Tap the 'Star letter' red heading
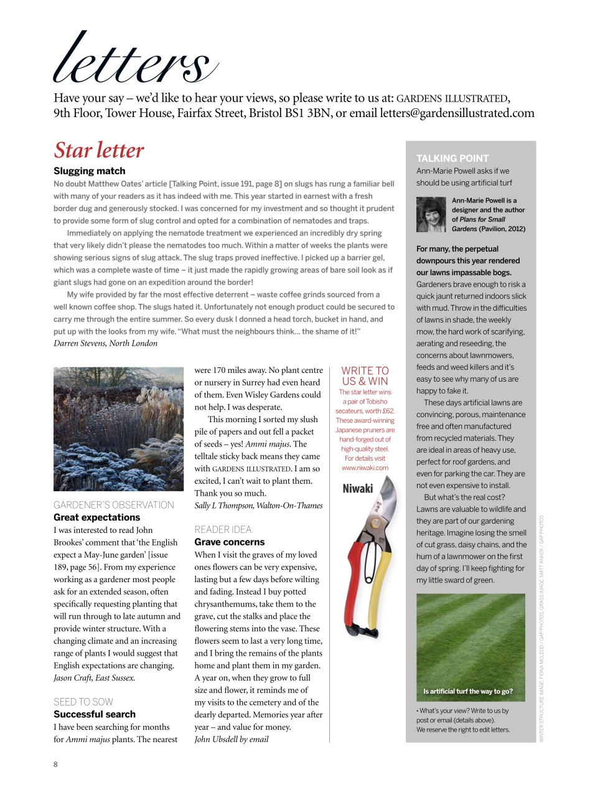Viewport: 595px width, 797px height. coord(98,150)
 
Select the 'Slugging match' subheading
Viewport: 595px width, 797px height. coord(89,171)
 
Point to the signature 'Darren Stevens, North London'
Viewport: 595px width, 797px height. coord(105,343)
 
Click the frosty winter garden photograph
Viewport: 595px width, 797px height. coord(118,428)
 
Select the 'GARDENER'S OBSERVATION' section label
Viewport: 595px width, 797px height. coord(113,505)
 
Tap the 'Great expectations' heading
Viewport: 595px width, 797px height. coord(96,517)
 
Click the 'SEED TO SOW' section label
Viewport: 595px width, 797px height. coord(83,702)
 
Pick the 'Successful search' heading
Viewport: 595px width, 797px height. coord(94,714)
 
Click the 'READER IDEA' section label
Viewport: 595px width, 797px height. coord(223,529)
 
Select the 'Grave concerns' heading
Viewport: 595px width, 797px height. coord(229,542)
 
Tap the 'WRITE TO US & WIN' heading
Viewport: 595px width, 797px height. coord(365,376)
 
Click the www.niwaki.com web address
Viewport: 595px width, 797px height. coord(365,468)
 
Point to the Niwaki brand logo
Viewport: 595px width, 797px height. coord(358,489)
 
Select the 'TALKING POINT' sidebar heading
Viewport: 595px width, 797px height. coord(452,158)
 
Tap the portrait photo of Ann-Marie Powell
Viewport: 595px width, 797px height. coord(431,215)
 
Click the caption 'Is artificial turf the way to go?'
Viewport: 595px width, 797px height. coord(468,691)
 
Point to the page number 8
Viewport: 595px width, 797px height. coord(55,764)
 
